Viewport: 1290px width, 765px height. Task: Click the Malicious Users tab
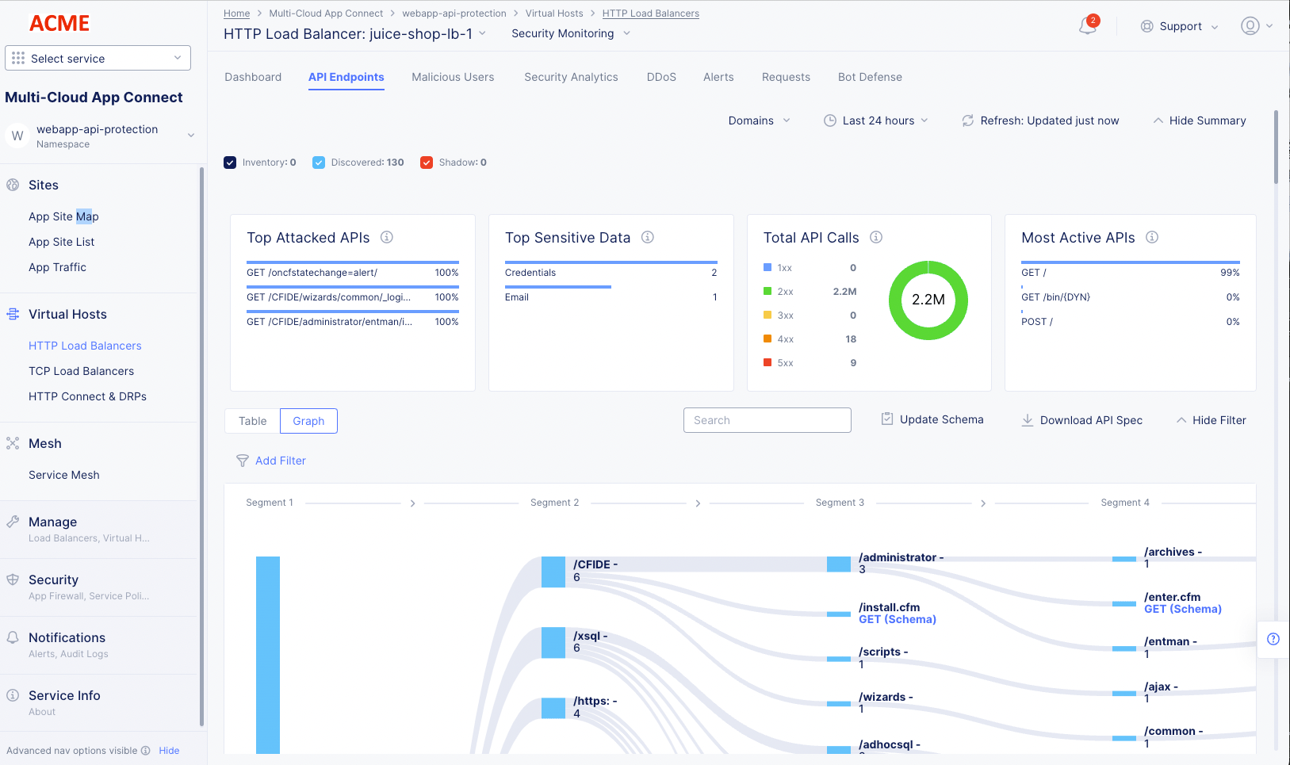[453, 77]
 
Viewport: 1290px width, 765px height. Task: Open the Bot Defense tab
[870, 77]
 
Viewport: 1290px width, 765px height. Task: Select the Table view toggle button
[252, 421]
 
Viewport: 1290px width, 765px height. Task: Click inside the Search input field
[767, 420]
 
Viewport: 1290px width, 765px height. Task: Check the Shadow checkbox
[427, 163]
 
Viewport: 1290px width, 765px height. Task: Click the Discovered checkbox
[319, 163]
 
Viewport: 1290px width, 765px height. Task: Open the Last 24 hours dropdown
[876, 120]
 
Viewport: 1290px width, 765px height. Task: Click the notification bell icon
[1087, 26]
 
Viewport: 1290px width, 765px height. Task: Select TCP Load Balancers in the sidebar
[81, 371]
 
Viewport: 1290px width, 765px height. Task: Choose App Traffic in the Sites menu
[57, 267]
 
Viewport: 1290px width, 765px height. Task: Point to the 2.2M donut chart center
[928, 300]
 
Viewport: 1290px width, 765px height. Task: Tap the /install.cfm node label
[889, 607]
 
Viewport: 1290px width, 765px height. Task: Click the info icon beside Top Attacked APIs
[387, 237]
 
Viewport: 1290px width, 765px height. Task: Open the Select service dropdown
[98, 58]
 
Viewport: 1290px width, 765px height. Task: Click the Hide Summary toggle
[1199, 120]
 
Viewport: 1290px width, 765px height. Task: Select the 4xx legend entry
[785, 339]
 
